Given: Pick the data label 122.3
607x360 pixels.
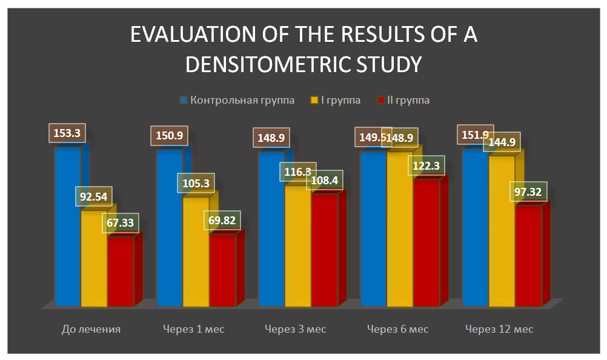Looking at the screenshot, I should pos(427,166).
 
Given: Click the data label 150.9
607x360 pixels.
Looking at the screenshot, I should pos(169,135).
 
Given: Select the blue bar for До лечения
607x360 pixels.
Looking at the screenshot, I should pos(67,230).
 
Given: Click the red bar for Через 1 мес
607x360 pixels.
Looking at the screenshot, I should pos(223,270).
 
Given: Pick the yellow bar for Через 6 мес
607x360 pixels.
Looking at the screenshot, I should pos(400,230).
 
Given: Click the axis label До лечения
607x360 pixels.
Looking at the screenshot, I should pos(91,329).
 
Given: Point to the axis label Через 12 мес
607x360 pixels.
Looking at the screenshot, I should pos(499,329).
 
